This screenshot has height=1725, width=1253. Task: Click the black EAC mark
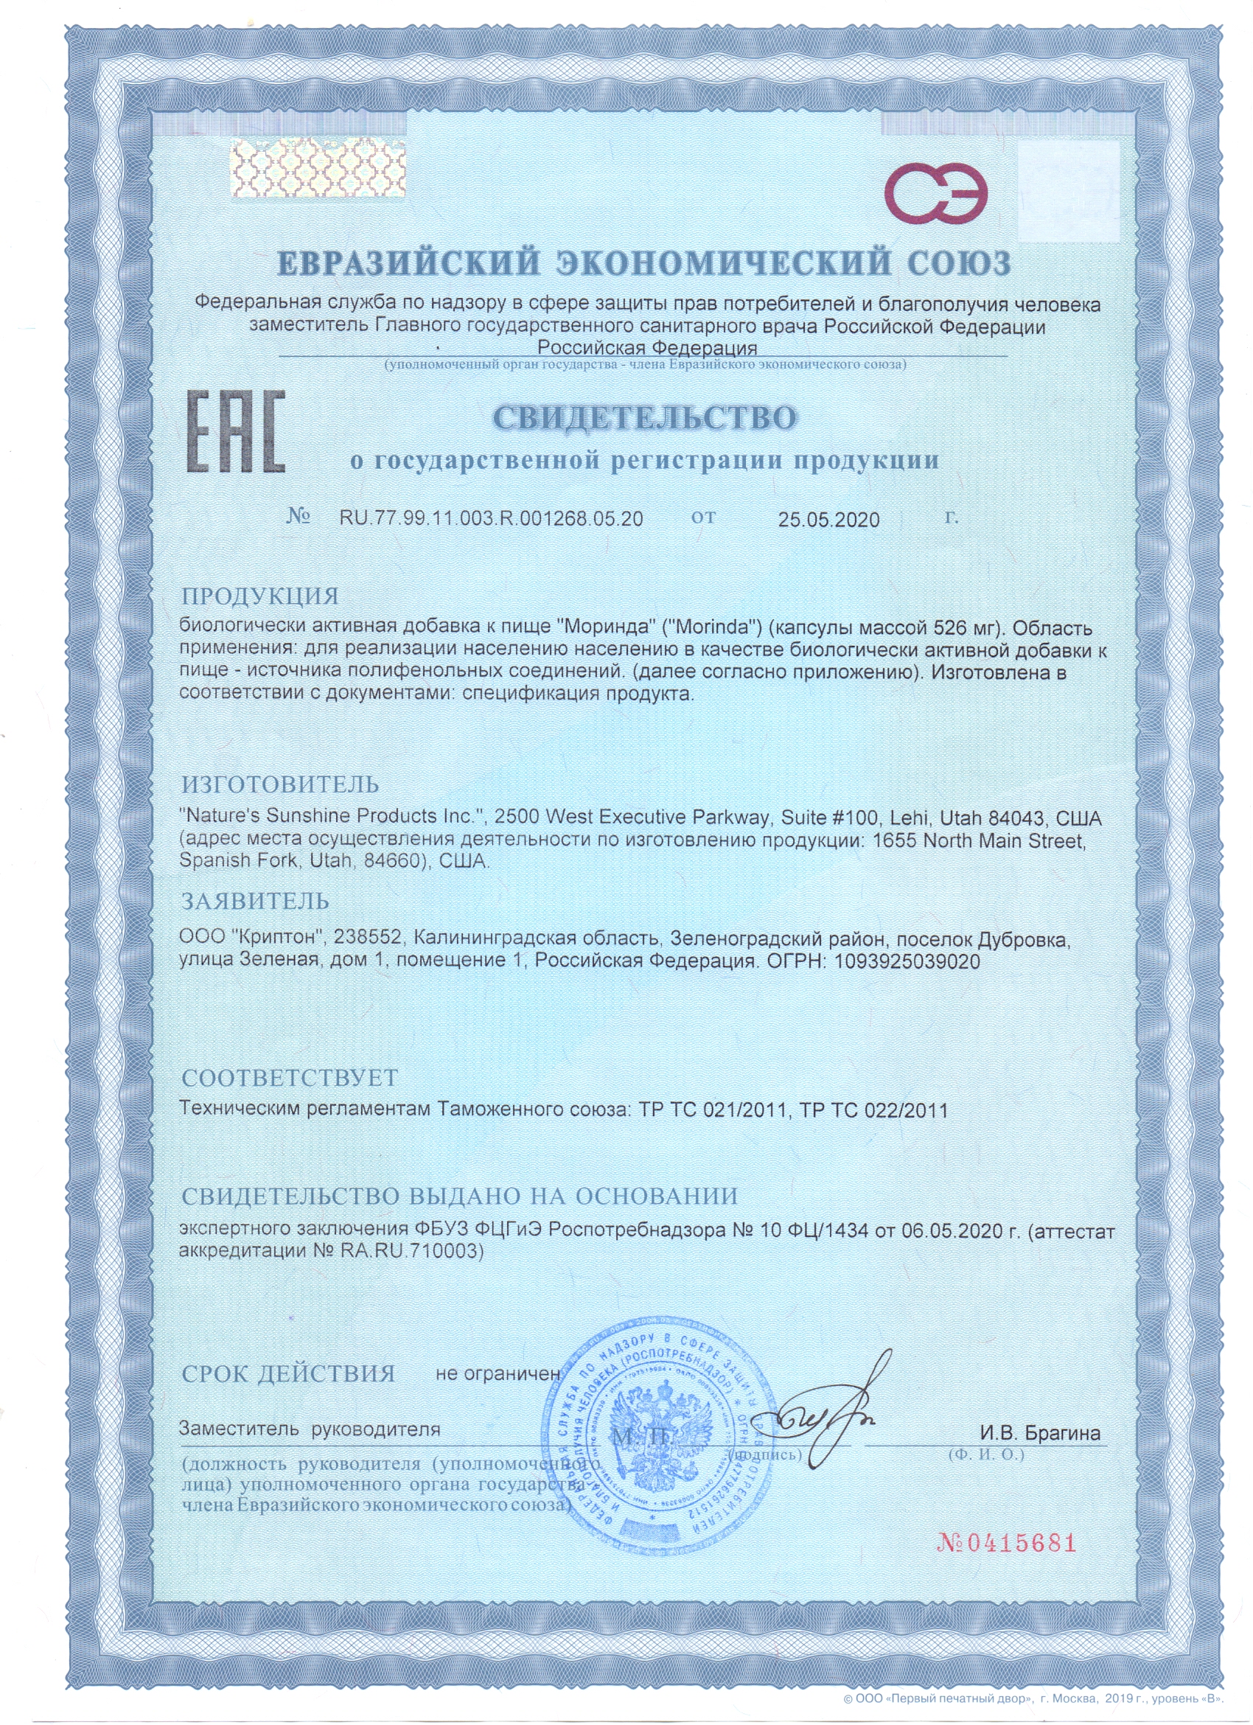click(x=236, y=431)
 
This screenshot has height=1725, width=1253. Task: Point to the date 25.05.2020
click(x=828, y=520)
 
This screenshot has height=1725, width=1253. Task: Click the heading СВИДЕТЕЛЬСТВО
click(x=645, y=417)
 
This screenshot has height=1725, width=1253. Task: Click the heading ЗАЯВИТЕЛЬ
click(x=255, y=902)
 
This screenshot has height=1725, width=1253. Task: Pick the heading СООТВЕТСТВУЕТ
click(x=290, y=1078)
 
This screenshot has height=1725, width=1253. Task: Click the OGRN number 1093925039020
click(x=907, y=961)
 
